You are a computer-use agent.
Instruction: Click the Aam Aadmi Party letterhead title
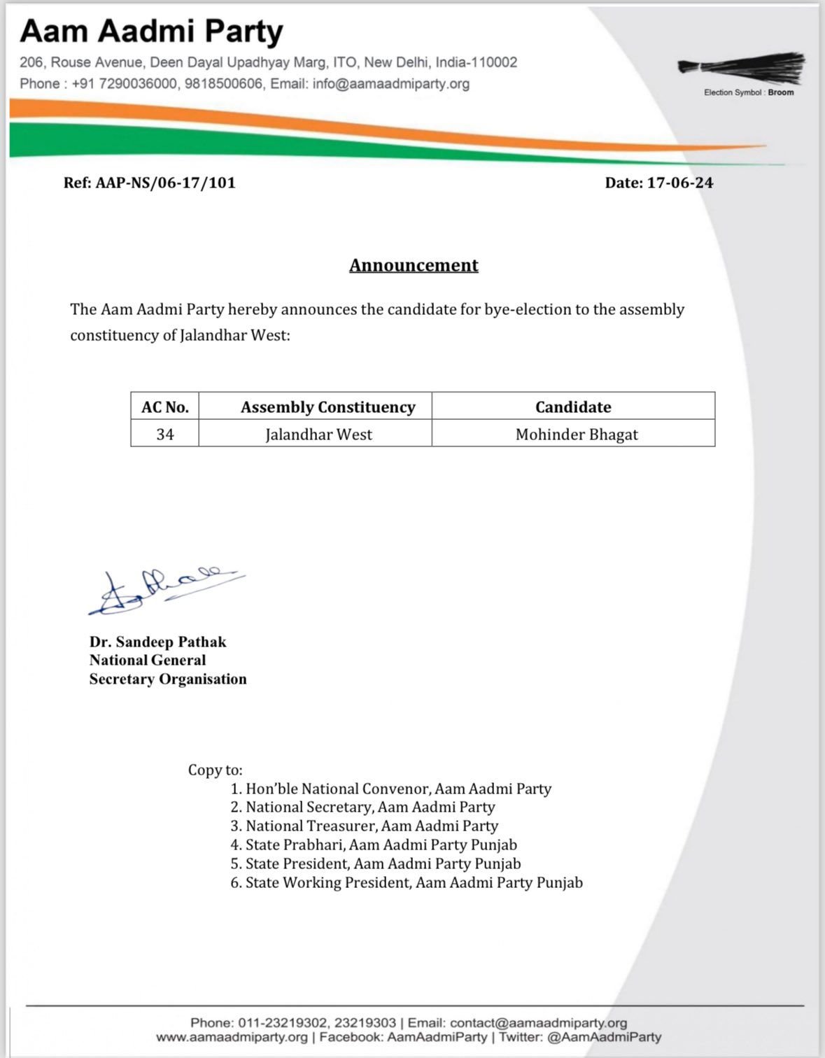click(151, 31)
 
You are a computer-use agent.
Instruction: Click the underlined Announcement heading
click(414, 265)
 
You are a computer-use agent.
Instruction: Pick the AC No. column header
click(165, 407)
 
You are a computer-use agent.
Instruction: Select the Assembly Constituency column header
click(327, 407)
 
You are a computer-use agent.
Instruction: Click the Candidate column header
click(573, 407)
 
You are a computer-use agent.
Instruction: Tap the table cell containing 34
click(165, 435)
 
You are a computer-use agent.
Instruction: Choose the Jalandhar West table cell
click(318, 435)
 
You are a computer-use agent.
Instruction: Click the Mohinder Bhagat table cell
click(577, 435)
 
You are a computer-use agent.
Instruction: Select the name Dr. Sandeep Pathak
click(157, 642)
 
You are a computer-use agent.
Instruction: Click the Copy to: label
click(215, 770)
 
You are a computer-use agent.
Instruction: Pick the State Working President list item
click(414, 883)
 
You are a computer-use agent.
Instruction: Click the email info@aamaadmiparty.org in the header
click(391, 84)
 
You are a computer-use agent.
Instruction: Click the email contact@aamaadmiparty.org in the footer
click(538, 1023)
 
